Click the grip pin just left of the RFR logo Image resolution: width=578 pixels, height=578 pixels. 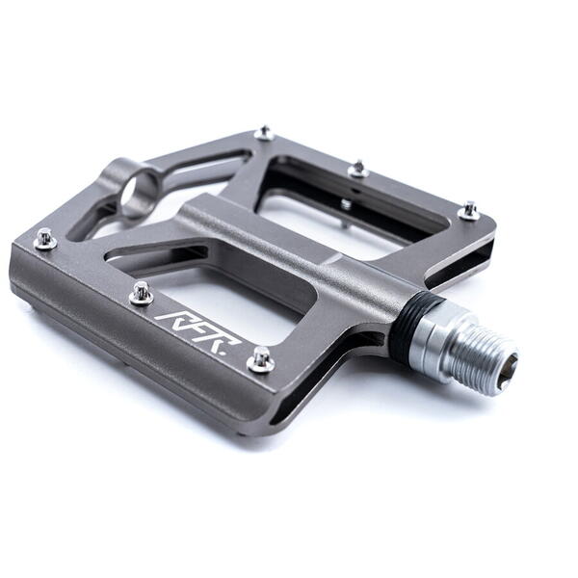point(142,293)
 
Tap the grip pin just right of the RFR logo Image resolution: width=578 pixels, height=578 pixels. point(261,359)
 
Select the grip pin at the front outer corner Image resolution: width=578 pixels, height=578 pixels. point(45,239)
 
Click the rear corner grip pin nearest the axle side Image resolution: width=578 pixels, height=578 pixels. point(469,211)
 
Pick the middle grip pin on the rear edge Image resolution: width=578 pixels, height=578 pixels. point(358,170)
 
